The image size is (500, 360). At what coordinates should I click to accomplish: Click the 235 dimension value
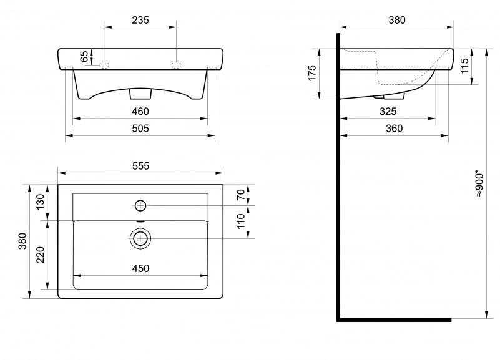pyautogui.click(x=140, y=20)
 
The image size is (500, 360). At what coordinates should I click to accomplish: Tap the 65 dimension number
pyautogui.click(x=84, y=56)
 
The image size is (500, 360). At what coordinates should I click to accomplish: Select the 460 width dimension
pyautogui.click(x=140, y=111)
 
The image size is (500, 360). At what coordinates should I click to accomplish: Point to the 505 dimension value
pyautogui.click(x=140, y=128)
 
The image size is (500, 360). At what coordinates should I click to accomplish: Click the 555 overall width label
pyautogui.click(x=140, y=166)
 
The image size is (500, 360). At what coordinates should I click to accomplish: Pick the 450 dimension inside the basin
pyautogui.click(x=140, y=268)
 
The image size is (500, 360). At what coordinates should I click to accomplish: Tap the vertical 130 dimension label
pyautogui.click(x=41, y=202)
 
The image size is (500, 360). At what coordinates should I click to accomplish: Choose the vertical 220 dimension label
pyautogui.click(x=41, y=255)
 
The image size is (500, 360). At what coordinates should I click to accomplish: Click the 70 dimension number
pyautogui.click(x=241, y=194)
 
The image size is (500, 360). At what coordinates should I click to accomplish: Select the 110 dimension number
pyautogui.click(x=241, y=221)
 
